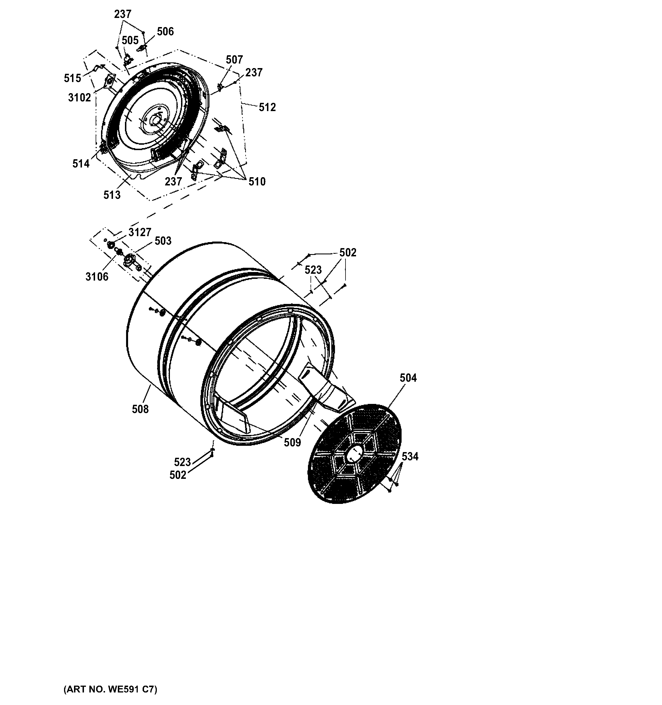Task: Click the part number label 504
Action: [408, 378]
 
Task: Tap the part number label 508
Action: [140, 409]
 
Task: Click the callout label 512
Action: [267, 107]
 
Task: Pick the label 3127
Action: [140, 232]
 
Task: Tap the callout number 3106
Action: [97, 277]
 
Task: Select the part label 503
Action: [163, 241]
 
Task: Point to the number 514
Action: [81, 164]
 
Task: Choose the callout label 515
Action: [72, 78]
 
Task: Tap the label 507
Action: [234, 60]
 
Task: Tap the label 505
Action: [130, 40]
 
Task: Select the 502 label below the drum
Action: [178, 475]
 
